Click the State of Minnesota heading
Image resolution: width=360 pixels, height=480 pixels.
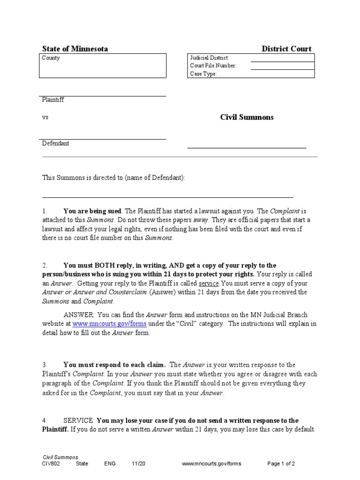point(75,49)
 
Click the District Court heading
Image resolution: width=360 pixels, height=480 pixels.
point(286,49)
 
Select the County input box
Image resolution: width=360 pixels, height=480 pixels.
point(103,66)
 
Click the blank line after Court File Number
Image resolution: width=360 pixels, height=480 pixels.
point(282,66)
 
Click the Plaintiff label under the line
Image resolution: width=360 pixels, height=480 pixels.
point(53,100)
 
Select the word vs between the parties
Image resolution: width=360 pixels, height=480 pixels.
point(45,117)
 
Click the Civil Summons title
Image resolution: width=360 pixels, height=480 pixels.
point(247,117)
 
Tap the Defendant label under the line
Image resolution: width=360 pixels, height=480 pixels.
point(55,143)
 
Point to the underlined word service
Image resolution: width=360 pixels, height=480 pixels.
point(209,283)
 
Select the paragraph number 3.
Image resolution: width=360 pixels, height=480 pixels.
point(45,365)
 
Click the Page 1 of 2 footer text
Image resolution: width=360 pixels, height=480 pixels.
point(281,464)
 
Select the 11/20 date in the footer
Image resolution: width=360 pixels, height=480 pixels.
point(139,464)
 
